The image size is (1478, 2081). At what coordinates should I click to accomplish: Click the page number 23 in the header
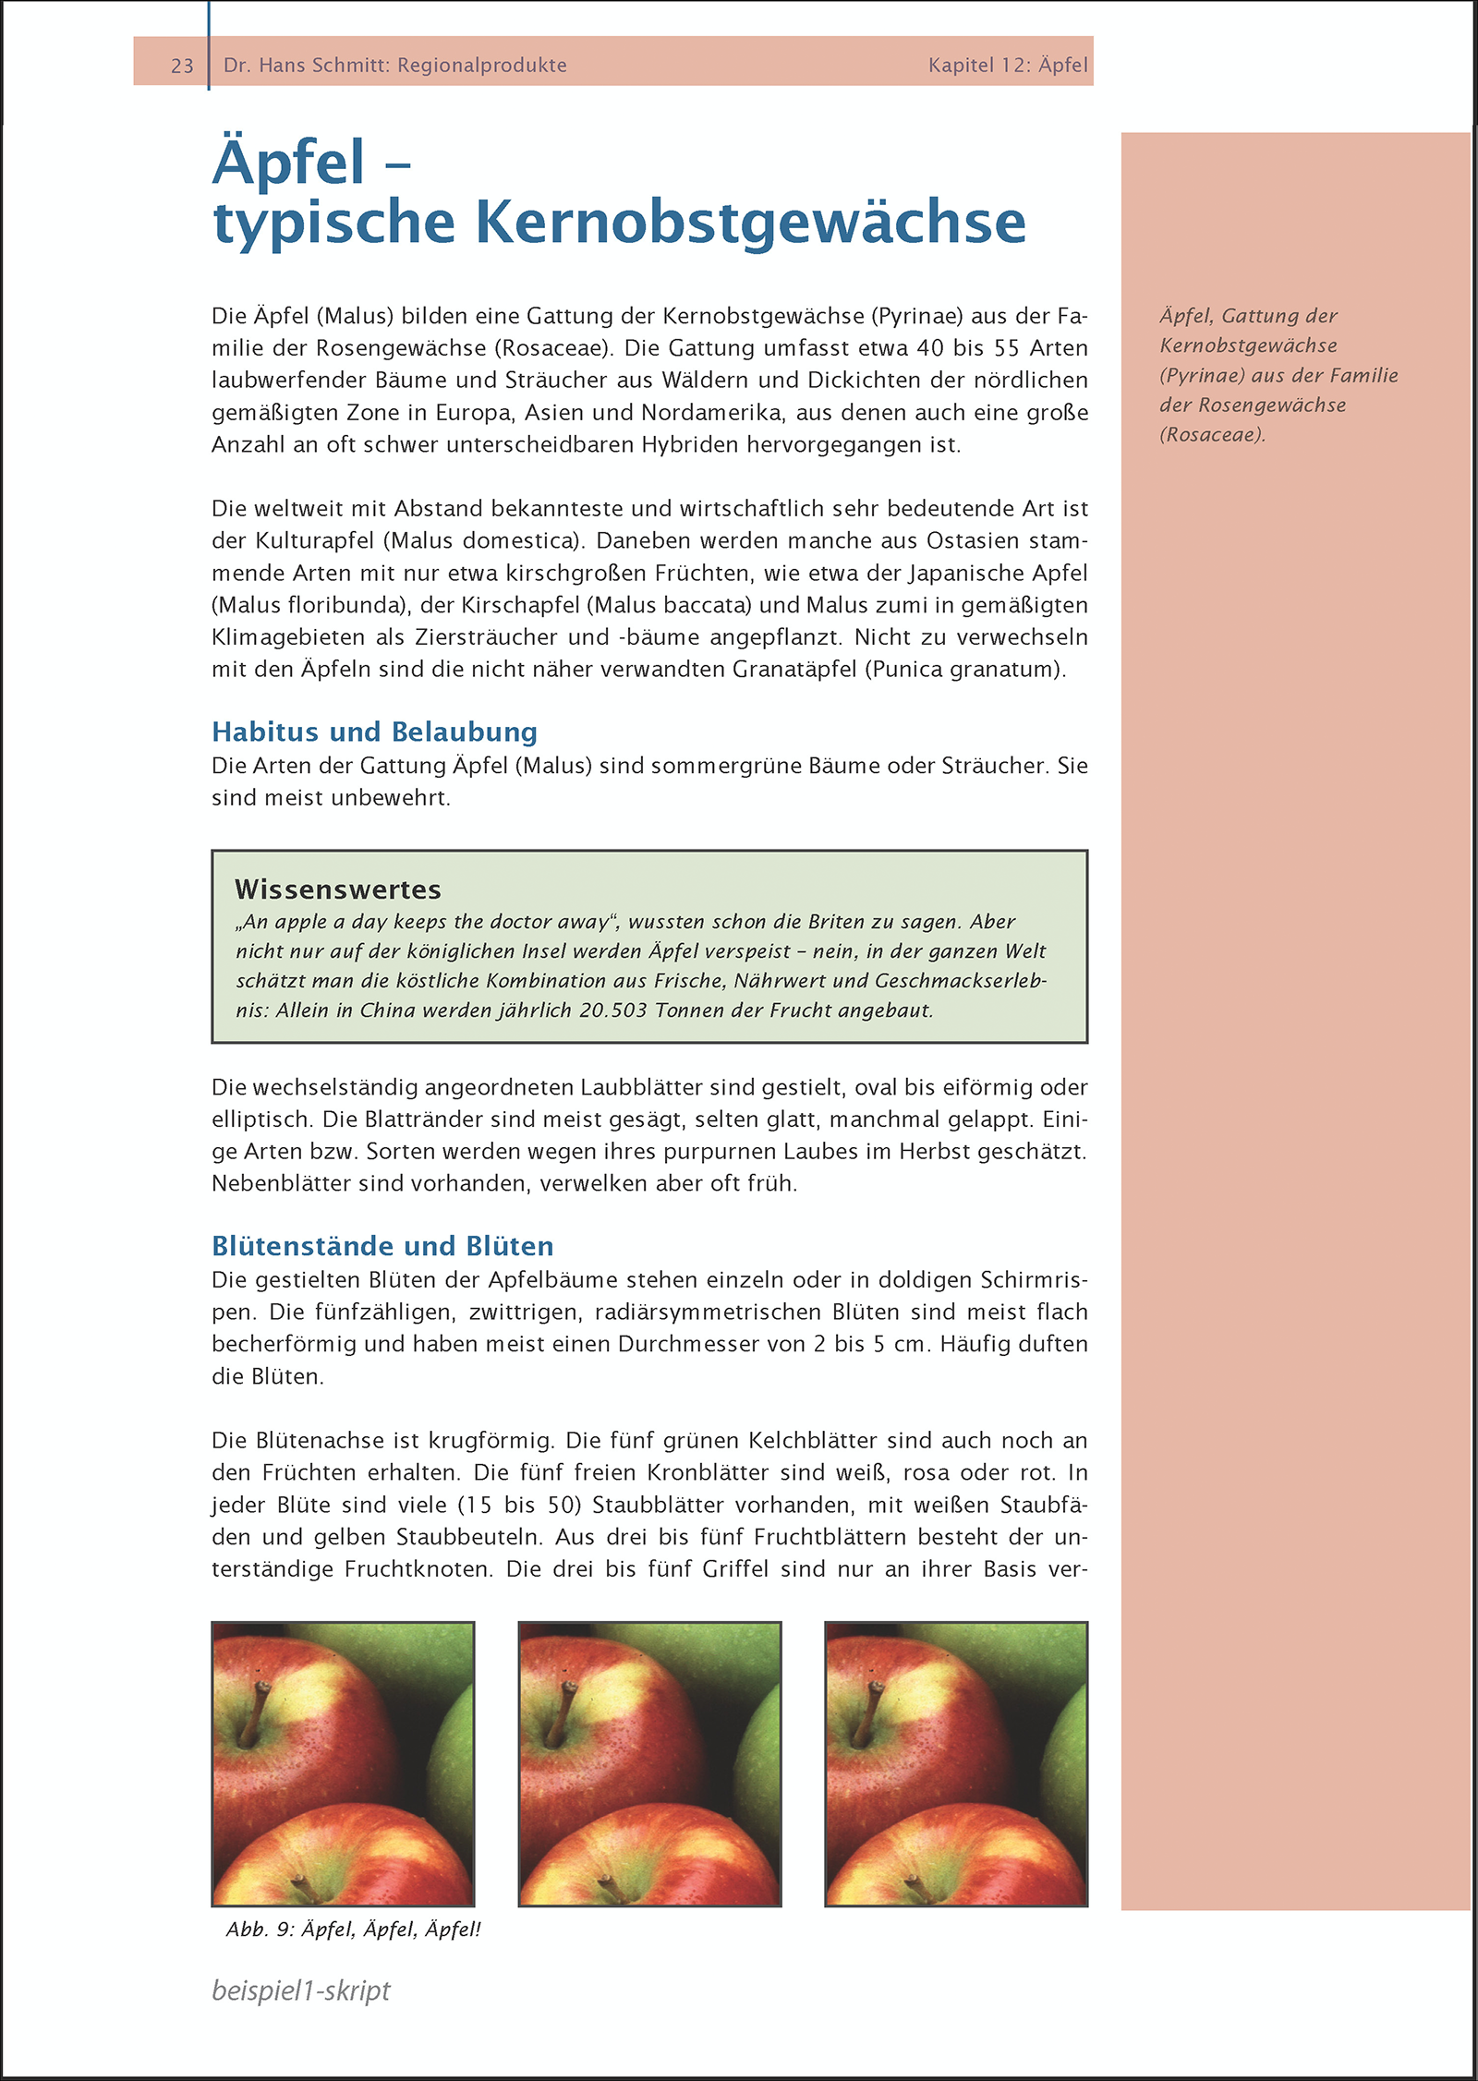click(x=182, y=66)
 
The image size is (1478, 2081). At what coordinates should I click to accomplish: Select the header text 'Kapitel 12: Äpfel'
click(x=1008, y=66)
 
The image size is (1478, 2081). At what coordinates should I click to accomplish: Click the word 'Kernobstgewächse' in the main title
click(x=750, y=223)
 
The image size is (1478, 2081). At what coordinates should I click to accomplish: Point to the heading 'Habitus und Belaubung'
click(x=374, y=732)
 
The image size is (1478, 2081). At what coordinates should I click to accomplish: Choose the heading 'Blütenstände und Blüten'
click(x=382, y=1246)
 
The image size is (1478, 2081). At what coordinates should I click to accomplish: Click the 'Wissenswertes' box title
click(x=338, y=889)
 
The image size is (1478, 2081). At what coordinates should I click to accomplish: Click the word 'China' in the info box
click(x=387, y=1010)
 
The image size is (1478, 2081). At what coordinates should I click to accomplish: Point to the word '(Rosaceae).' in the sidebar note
click(x=1212, y=435)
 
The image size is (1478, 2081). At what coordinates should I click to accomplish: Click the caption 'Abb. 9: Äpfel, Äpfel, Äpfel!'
click(x=354, y=1930)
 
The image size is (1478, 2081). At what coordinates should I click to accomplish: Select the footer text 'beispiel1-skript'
click(x=301, y=1990)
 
